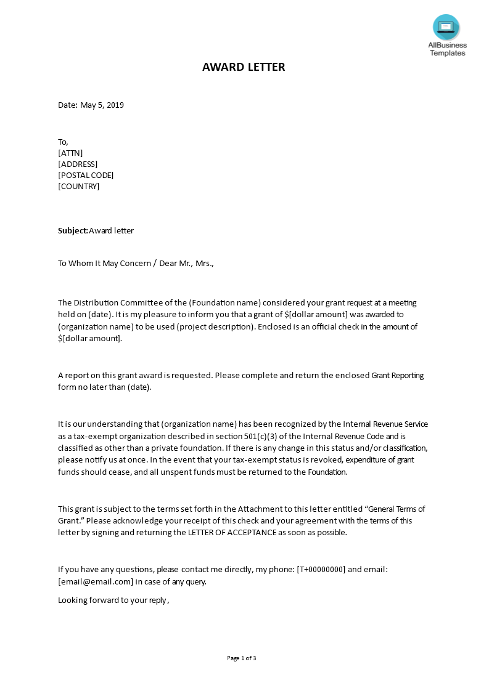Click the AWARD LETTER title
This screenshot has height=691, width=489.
244,67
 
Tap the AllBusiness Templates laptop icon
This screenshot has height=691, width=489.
446,27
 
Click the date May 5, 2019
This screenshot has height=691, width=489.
102,105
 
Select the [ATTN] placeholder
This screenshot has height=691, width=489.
70,153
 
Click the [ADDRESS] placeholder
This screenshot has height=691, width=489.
78,164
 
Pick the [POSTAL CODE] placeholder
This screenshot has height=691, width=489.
86,175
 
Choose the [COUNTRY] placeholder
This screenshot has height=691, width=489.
78,186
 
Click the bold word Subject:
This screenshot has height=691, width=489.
73,231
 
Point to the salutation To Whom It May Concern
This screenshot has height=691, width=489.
104,264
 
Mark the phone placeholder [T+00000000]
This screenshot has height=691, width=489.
321,570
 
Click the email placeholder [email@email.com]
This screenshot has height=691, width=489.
96,581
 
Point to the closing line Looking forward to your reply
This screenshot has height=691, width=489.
112,600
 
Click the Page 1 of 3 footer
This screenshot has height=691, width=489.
241,658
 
